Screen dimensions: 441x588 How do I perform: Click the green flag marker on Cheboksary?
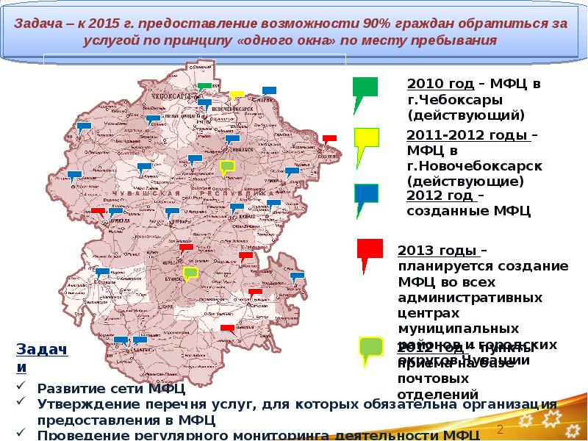pos(205,87)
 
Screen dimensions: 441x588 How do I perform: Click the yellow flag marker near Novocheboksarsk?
pos(236,95)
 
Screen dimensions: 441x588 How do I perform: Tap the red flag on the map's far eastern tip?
pos(329,138)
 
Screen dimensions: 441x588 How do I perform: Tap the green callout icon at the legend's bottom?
pos(370,347)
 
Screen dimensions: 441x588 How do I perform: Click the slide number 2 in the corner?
pos(500,429)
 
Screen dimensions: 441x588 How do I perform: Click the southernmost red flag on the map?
pos(227,328)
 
